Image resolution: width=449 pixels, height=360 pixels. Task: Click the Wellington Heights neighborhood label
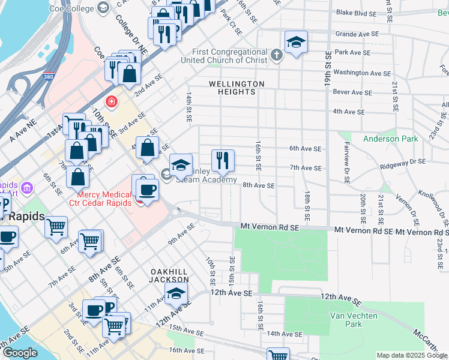(236, 88)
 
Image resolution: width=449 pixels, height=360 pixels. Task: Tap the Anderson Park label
(390, 139)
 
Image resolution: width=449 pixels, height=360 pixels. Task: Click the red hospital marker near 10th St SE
(110, 102)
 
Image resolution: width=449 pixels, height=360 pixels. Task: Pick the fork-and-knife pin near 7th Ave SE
(223, 160)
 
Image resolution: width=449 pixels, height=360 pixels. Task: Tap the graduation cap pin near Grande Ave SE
(295, 42)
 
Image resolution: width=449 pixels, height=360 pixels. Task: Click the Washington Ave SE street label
(363, 73)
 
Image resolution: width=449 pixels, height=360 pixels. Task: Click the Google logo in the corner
(20, 353)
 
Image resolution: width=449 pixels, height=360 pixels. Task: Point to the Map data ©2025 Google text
(412, 355)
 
